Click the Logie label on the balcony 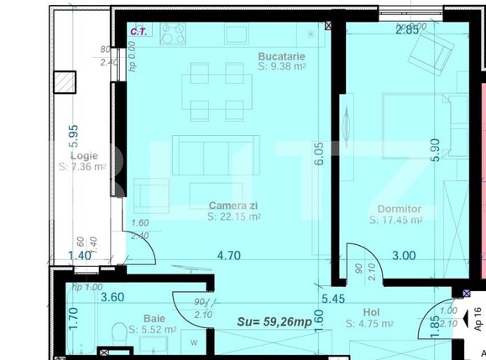point(84,156)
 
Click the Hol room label point(372,311)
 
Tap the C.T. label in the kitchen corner point(138,31)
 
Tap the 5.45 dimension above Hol point(333,297)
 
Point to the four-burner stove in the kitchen point(173,34)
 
